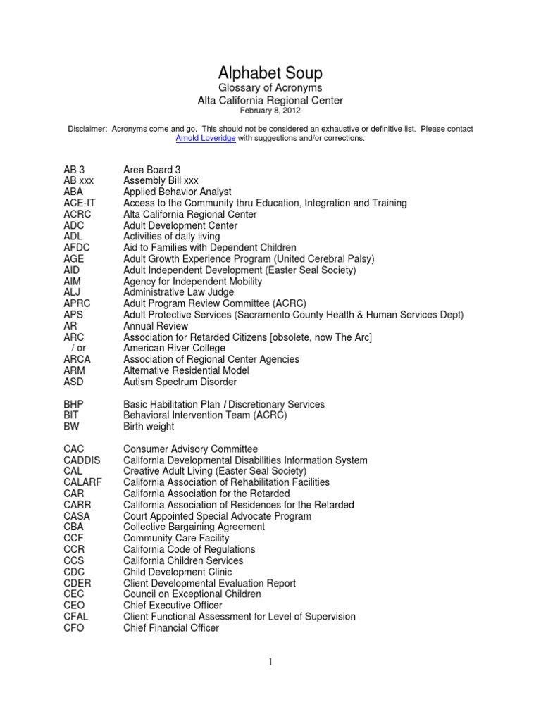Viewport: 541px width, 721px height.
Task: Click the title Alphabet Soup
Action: click(x=270, y=73)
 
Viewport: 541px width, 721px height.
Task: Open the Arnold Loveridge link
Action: click(x=205, y=139)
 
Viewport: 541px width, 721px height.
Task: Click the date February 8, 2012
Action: click(x=270, y=111)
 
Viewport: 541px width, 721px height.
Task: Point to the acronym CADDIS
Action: click(x=82, y=460)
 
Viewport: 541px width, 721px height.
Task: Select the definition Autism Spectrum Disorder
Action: click(x=180, y=382)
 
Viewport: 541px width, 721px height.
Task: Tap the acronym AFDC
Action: click(x=76, y=248)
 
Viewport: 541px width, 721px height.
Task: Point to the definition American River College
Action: click(x=174, y=348)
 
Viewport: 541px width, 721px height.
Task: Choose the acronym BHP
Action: click(x=74, y=404)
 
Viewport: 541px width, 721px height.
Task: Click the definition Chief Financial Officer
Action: click(x=171, y=628)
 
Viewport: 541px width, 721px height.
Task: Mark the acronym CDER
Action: click(x=77, y=583)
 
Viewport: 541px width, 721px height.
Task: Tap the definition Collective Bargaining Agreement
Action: click(x=194, y=527)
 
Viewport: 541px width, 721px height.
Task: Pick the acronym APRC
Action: click(x=76, y=303)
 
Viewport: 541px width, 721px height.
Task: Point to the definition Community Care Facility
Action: click(x=176, y=538)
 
